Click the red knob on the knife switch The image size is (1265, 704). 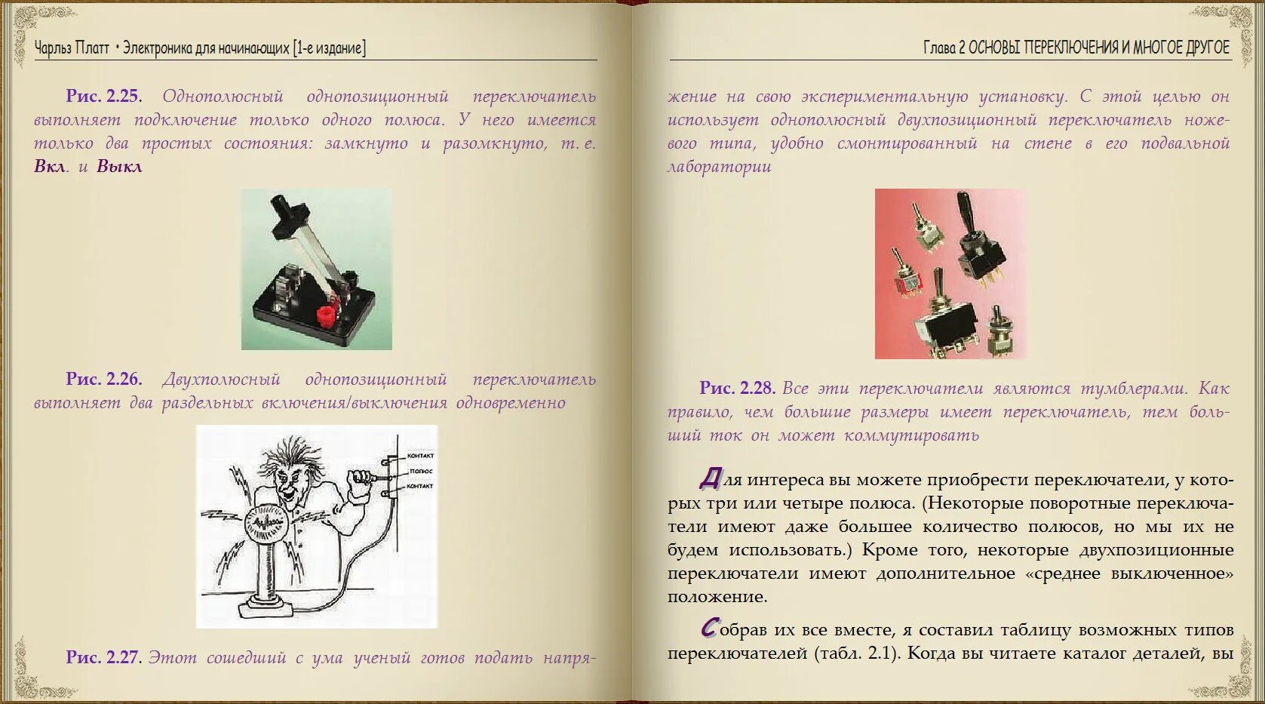click(326, 316)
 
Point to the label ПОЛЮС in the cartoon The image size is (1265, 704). click(421, 471)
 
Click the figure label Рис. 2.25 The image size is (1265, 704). click(103, 96)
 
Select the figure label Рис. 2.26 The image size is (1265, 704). click(103, 379)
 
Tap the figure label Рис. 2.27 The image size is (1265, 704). click(103, 657)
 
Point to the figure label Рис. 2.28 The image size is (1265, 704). click(737, 388)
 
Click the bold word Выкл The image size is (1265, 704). click(119, 167)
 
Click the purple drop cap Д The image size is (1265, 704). click(710, 478)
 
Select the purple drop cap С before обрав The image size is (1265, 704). click(709, 628)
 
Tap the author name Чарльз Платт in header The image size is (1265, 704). click(72, 48)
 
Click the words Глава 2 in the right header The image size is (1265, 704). click(944, 48)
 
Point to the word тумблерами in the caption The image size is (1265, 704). click(1133, 389)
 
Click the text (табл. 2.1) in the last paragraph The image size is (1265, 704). click(857, 653)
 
